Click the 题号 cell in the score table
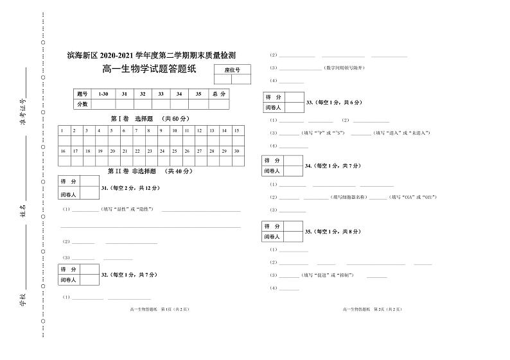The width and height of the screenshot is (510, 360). click(82, 94)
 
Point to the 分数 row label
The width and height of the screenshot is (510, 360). click(82, 103)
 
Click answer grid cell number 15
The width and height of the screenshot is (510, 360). click(236, 131)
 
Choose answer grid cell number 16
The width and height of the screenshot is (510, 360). click(62, 151)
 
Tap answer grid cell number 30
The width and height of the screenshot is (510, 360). click(236, 151)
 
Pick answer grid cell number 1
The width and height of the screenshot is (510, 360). click(62, 131)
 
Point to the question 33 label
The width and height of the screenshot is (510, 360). click(334, 103)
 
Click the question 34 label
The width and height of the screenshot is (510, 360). click(334, 166)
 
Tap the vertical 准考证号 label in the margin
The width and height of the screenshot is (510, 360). click(23, 111)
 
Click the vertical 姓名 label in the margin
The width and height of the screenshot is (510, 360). click(23, 212)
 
